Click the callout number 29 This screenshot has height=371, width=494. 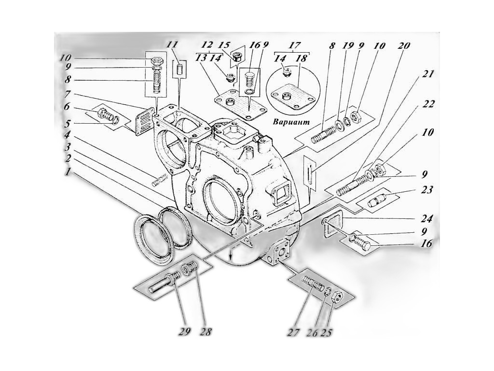185,331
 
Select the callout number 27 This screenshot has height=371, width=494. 293,332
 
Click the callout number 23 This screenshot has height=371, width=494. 426,190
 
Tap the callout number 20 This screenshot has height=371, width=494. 404,45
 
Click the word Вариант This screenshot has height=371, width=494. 291,122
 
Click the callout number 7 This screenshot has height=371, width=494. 67,94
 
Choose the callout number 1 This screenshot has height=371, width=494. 67,172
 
